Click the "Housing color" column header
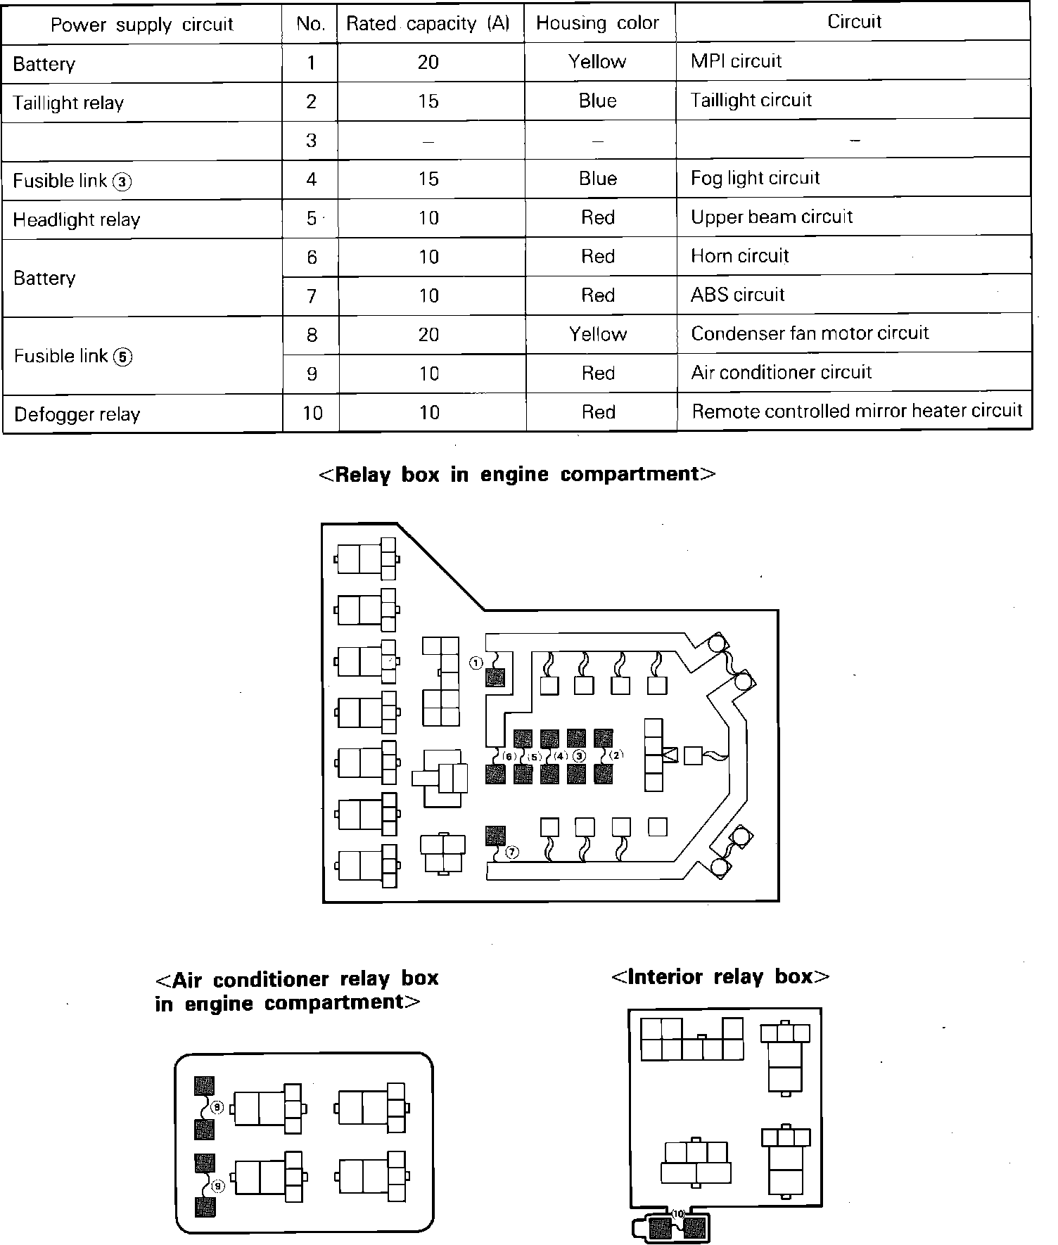[x=597, y=23]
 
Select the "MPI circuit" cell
[x=736, y=61]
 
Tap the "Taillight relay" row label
[x=68, y=103]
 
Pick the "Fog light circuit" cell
[x=755, y=178]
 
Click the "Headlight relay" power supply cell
[x=77, y=219]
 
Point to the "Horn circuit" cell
[x=739, y=256]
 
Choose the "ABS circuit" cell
[x=737, y=295]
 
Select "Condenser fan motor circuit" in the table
[x=810, y=333]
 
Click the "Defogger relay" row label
[x=77, y=414]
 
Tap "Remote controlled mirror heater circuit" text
[x=856, y=411]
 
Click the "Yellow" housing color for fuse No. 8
[x=597, y=333]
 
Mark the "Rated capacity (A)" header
[x=428, y=23]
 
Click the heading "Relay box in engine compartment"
[x=517, y=474]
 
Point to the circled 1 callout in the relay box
[x=476, y=663]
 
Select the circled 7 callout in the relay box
[x=512, y=853]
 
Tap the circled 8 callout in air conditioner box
[x=217, y=1108]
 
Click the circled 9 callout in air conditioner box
[x=218, y=1186]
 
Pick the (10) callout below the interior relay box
[x=678, y=1213]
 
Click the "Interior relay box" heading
[x=720, y=977]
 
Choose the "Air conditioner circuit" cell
[x=781, y=372]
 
